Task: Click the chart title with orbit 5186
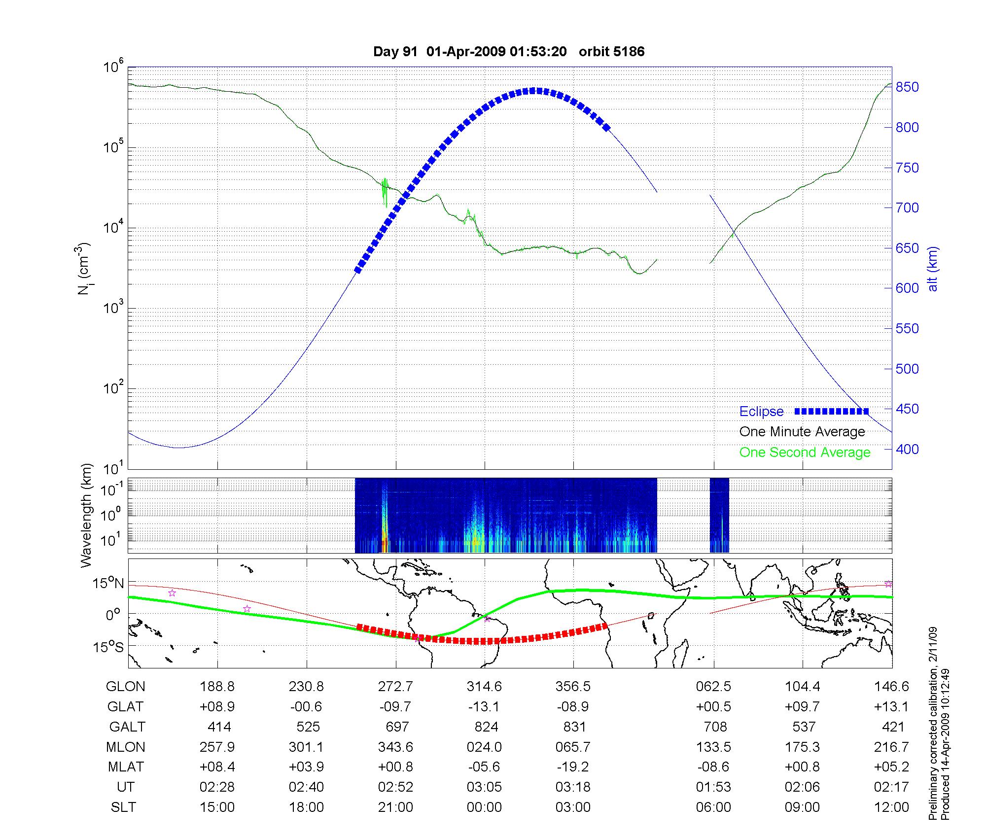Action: point(508,52)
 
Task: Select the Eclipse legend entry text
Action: point(761,412)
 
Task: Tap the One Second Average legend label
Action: point(805,453)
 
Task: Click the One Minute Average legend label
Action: point(802,432)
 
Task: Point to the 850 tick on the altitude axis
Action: point(907,87)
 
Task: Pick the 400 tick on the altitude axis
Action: point(907,449)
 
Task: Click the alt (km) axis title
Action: point(933,269)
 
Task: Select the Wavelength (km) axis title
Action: point(87,516)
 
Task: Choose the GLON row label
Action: point(126,687)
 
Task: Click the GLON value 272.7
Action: point(395,687)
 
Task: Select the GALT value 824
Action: point(485,727)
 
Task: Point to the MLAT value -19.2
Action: point(573,767)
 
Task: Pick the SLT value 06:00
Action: point(713,807)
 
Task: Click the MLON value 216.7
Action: point(891,747)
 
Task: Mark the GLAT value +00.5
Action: point(713,707)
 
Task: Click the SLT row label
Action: point(123,807)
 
